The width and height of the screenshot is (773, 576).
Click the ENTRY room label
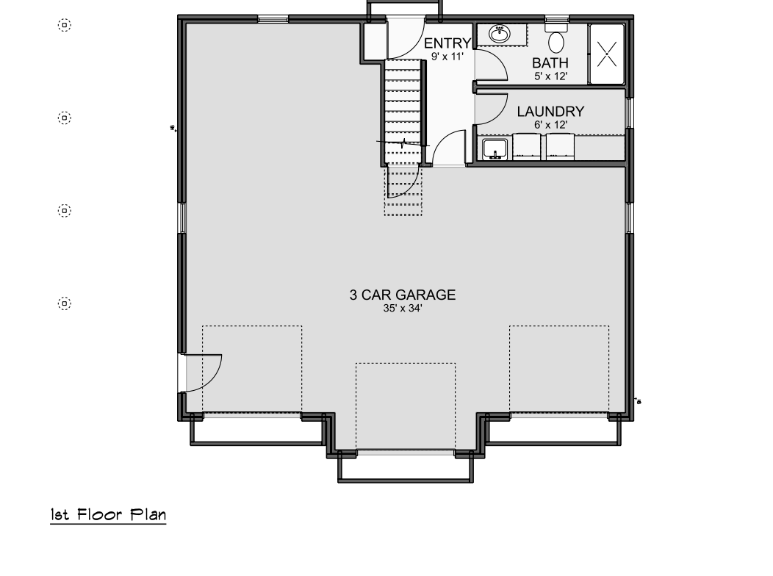click(x=447, y=43)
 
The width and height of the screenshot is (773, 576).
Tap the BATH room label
click(x=550, y=63)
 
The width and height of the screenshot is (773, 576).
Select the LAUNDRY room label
click(x=550, y=112)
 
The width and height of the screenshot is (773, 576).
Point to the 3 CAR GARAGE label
click(x=402, y=295)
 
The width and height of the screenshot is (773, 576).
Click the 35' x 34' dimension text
click(x=403, y=309)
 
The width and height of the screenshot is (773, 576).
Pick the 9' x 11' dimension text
click(x=447, y=57)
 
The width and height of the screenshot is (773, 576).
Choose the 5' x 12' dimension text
click(x=550, y=76)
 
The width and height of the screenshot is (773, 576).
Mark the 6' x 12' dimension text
click(x=550, y=125)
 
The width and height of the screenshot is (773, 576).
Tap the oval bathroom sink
click(x=500, y=34)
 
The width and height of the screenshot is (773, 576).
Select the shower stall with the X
click(x=606, y=54)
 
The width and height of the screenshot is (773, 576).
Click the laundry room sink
click(x=495, y=149)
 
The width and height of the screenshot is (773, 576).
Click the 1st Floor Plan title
click(x=108, y=515)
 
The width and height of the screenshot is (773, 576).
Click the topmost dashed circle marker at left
click(x=65, y=25)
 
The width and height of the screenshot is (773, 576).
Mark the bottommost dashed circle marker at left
click(x=65, y=303)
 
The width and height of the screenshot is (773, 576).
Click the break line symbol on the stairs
click(x=403, y=143)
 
